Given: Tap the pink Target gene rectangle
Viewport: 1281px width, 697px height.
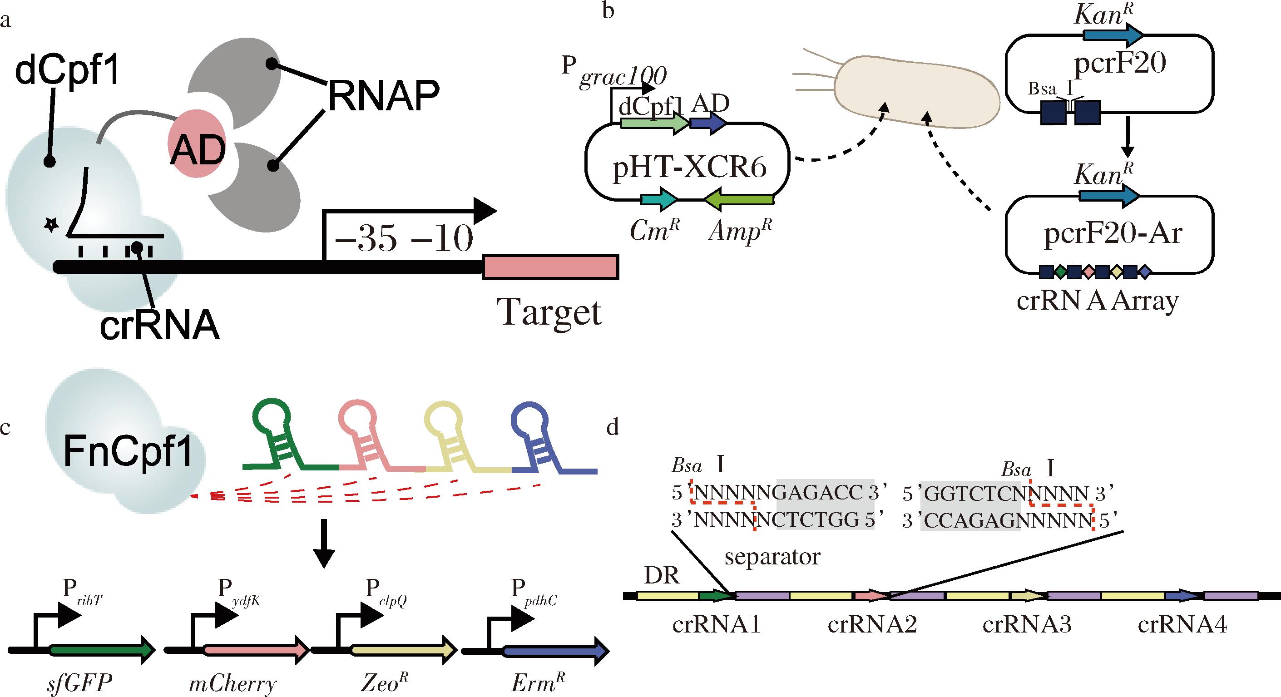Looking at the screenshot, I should click(550, 267).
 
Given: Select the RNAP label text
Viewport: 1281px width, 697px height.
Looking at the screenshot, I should click(383, 96).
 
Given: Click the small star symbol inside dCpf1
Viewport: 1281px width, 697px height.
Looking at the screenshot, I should click(51, 226).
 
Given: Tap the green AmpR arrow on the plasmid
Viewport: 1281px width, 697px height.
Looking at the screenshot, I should click(739, 200).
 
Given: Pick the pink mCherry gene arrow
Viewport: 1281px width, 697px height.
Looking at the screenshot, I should click(256, 649).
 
